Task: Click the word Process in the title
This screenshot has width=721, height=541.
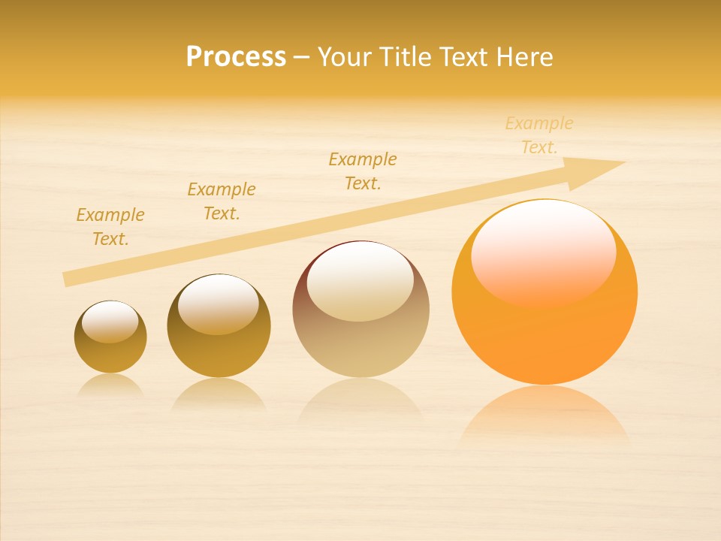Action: point(236,57)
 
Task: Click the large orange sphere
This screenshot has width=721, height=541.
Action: point(545,331)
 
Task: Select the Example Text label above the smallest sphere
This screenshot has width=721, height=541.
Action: point(110,227)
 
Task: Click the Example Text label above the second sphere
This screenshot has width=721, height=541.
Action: point(222,201)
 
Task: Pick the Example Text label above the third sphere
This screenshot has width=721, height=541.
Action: point(363,171)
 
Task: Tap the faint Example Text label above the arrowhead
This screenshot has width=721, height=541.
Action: point(539,135)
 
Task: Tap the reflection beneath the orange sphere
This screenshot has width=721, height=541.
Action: point(544,413)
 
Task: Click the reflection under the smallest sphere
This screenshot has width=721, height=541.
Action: point(110,385)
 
